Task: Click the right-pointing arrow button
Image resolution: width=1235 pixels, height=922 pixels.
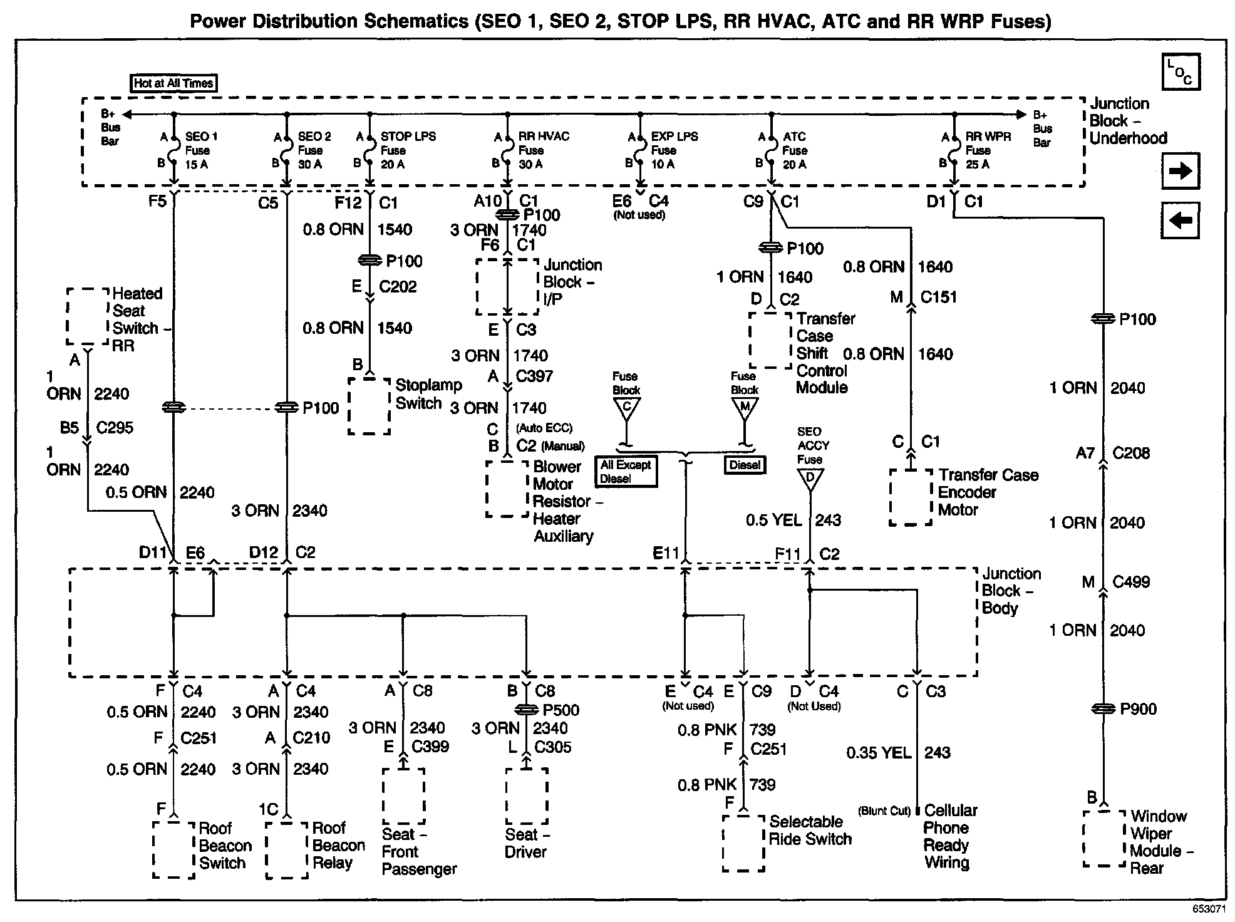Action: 1180,170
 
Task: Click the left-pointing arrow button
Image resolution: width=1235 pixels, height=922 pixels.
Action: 1180,220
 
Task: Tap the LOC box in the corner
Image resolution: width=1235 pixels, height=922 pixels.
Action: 1180,72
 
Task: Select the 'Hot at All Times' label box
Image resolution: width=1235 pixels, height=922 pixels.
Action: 173,83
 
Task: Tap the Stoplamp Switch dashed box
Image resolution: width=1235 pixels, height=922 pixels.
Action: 369,405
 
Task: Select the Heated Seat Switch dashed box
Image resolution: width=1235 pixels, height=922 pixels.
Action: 88,316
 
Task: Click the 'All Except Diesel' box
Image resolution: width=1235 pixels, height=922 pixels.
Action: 626,472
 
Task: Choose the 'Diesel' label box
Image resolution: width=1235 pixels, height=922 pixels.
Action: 745,465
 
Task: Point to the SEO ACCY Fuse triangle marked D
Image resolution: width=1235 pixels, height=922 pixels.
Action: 810,479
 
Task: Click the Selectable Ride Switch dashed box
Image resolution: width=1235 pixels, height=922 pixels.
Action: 743,842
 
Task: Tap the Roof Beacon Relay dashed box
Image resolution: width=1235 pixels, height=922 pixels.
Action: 287,850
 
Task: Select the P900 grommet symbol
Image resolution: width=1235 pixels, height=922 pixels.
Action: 1103,709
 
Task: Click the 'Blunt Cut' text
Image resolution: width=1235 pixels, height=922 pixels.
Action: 884,811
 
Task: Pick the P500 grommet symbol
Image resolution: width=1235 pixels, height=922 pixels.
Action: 527,710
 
